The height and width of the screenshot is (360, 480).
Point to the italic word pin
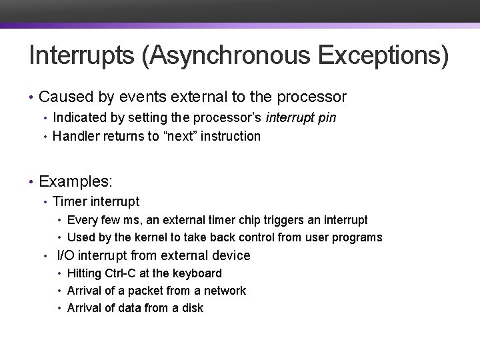click(x=326, y=118)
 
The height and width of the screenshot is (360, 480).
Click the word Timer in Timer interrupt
click(x=69, y=201)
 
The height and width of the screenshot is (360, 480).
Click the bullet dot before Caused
click(x=31, y=98)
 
